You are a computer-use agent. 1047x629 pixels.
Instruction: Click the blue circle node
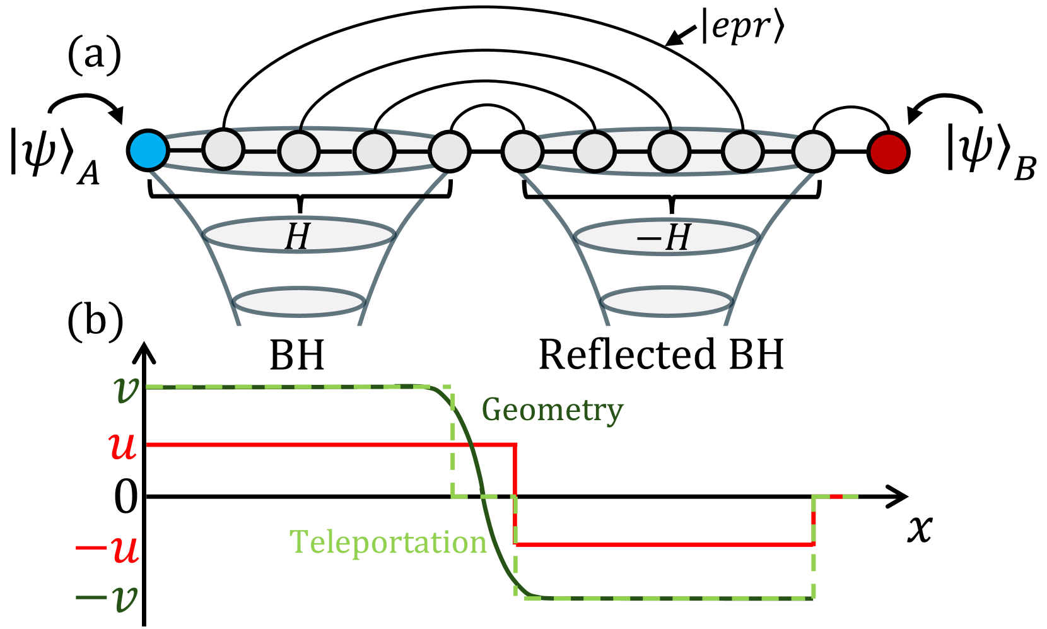[148, 151]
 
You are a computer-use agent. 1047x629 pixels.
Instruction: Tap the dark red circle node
[888, 152]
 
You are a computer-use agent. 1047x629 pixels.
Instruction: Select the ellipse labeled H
[298, 235]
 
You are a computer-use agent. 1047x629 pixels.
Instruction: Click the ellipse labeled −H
[666, 237]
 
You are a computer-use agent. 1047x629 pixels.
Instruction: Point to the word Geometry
[553, 410]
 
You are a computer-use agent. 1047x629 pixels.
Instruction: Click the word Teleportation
[388, 543]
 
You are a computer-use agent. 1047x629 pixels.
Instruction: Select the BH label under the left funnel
[296, 355]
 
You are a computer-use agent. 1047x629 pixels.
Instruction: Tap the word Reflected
[627, 355]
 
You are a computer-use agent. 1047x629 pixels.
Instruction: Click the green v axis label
[126, 389]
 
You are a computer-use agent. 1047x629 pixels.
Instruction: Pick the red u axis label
[123, 445]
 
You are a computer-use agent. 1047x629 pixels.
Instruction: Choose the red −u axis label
[107, 549]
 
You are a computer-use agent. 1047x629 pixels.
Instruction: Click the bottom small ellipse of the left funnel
[299, 302]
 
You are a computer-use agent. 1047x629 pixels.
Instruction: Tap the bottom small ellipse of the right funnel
[667, 302]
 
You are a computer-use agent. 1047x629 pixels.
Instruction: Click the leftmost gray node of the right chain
[523, 152]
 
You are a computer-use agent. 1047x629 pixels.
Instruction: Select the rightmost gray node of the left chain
[448, 151]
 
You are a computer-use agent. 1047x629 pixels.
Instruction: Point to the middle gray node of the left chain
[299, 151]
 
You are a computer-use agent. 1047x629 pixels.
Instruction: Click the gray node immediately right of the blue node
[223, 150]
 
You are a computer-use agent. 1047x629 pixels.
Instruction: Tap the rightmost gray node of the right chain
[812, 152]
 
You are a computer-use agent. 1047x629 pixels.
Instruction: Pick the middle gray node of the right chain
[669, 152]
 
